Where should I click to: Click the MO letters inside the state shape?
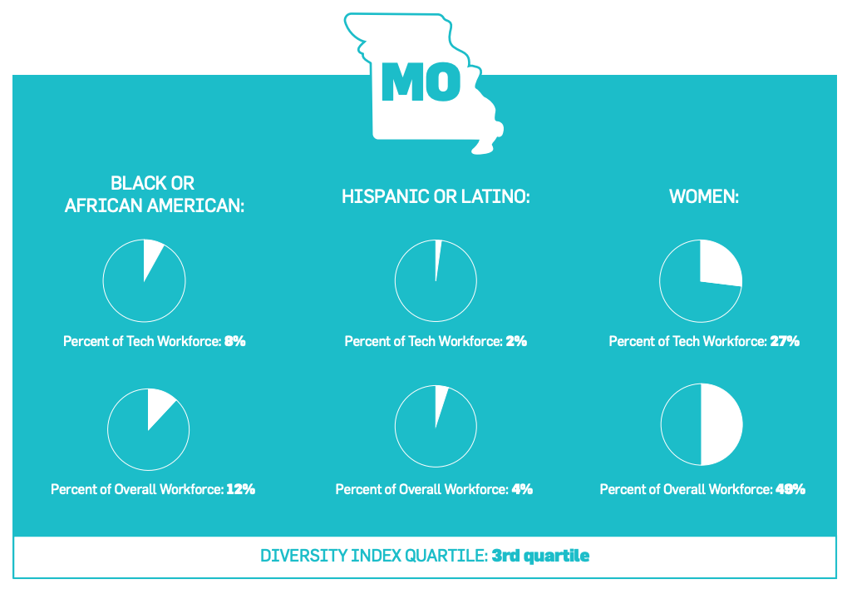tap(421, 81)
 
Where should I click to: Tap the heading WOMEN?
tap(704, 196)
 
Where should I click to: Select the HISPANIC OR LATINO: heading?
tap(436, 196)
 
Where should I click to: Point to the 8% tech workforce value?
tap(234, 341)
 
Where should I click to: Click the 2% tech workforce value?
tap(516, 341)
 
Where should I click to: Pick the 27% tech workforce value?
tap(784, 341)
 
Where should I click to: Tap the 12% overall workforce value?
tap(240, 489)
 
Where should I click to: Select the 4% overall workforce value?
tap(522, 489)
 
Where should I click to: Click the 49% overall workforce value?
tap(790, 489)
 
